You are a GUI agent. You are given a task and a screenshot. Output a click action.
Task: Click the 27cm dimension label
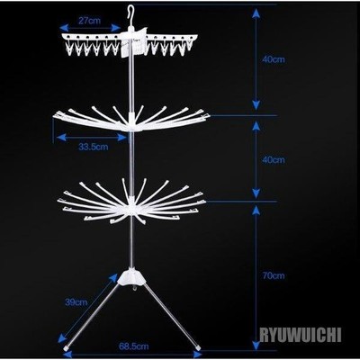coord(90,21)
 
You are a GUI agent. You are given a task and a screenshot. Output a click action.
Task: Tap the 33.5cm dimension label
coord(94,147)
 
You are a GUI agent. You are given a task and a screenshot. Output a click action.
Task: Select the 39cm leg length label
coord(76,302)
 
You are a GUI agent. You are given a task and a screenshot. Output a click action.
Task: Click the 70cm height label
coord(274,275)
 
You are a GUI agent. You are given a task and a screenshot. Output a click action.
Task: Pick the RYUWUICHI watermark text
coord(301,335)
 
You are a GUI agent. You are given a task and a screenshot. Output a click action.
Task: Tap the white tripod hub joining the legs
coord(132,277)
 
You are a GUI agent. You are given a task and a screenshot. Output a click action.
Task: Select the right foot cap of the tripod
coord(198,347)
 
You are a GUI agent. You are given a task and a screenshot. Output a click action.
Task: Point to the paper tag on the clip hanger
coord(134,42)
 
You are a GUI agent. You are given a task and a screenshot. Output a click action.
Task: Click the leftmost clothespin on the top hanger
coord(69,48)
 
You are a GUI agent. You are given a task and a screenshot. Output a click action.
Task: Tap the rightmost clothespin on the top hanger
coord(190,44)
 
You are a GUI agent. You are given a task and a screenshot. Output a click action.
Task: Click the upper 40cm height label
coord(274,59)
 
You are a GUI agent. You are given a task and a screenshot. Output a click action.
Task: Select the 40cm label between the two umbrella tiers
coord(274,160)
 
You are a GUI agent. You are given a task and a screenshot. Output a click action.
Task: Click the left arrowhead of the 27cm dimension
coord(64,28)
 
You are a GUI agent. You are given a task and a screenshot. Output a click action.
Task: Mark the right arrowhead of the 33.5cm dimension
coord(122,138)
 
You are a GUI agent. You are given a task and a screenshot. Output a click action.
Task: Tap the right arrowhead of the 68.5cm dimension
coord(198,355)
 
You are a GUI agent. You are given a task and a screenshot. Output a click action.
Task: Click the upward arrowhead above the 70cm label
coord(256,211)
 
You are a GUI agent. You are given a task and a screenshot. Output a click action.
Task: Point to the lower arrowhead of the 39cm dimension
coord(62,338)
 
